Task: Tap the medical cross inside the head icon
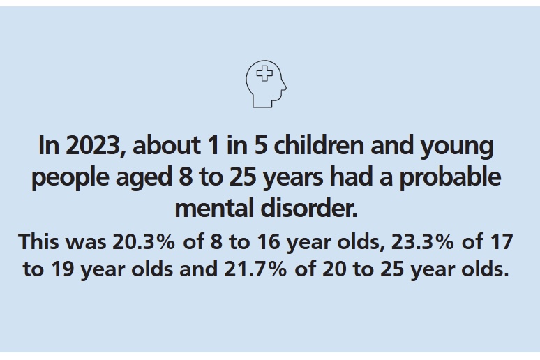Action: pos(264,74)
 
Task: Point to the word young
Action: pos(464,148)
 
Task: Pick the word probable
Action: pos(453,177)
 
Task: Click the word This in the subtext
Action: pos(40,242)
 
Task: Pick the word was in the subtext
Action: pos(85,243)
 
